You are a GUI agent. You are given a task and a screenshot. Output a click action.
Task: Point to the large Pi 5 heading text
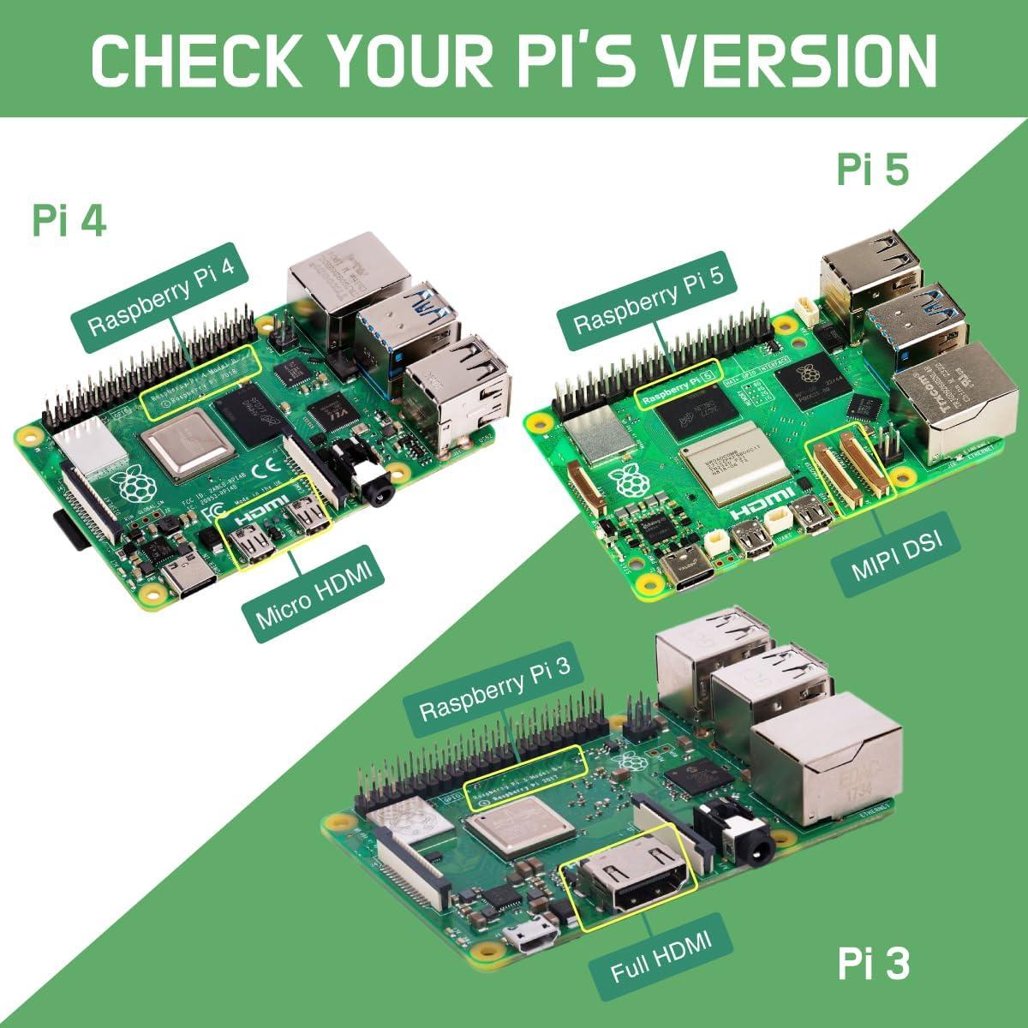click(x=872, y=170)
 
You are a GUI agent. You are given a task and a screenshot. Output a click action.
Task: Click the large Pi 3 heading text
click(x=872, y=965)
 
